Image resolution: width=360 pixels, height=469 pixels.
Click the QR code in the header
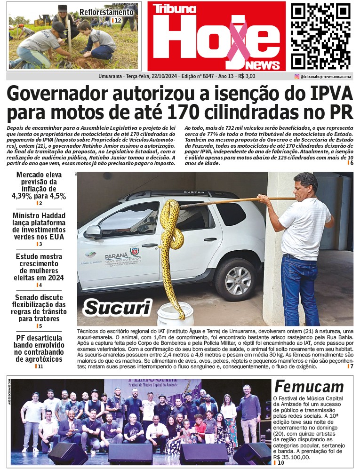(x=320, y=36)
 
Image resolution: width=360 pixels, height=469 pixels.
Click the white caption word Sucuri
(x=117, y=307)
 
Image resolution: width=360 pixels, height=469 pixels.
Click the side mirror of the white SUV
(x=93, y=231)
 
